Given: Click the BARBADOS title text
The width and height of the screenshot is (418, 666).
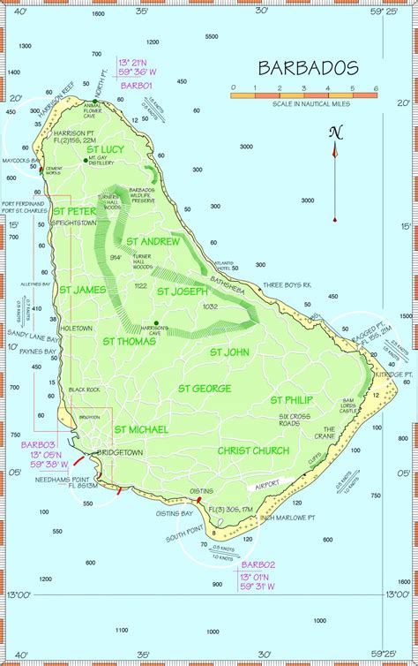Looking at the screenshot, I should [308, 68].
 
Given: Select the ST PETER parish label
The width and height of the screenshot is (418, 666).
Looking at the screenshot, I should [75, 212].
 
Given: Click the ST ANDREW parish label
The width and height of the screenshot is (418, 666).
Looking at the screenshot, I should [153, 240].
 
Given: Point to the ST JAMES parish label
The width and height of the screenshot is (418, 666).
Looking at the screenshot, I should [83, 289].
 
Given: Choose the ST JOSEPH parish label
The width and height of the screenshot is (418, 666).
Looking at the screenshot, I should [182, 291].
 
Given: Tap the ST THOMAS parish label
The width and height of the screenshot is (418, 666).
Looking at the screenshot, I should [129, 340].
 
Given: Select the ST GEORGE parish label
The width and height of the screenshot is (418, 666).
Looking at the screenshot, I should [205, 388].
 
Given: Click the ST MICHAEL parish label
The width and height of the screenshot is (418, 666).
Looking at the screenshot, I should [140, 429].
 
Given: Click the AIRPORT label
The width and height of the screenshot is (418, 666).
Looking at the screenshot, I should [265, 485].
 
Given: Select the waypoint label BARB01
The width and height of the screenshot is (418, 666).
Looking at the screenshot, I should [137, 86].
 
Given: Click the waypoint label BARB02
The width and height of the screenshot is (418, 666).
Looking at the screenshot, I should [258, 564].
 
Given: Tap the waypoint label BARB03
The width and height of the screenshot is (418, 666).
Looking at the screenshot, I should [35, 443].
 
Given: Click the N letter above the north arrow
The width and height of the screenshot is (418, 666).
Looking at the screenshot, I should [335, 133].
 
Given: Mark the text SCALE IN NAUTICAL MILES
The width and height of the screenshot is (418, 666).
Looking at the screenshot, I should [304, 102].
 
